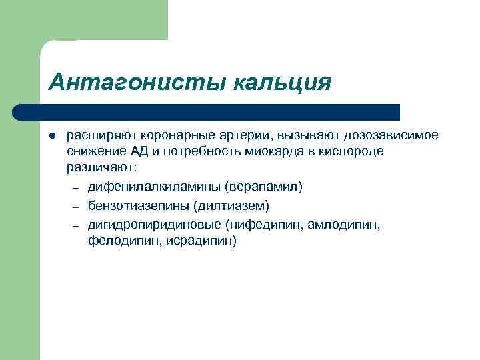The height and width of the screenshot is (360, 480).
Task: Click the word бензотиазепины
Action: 139,205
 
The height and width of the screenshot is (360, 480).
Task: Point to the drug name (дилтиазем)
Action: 231,205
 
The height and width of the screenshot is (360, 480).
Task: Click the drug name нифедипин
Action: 267,225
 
